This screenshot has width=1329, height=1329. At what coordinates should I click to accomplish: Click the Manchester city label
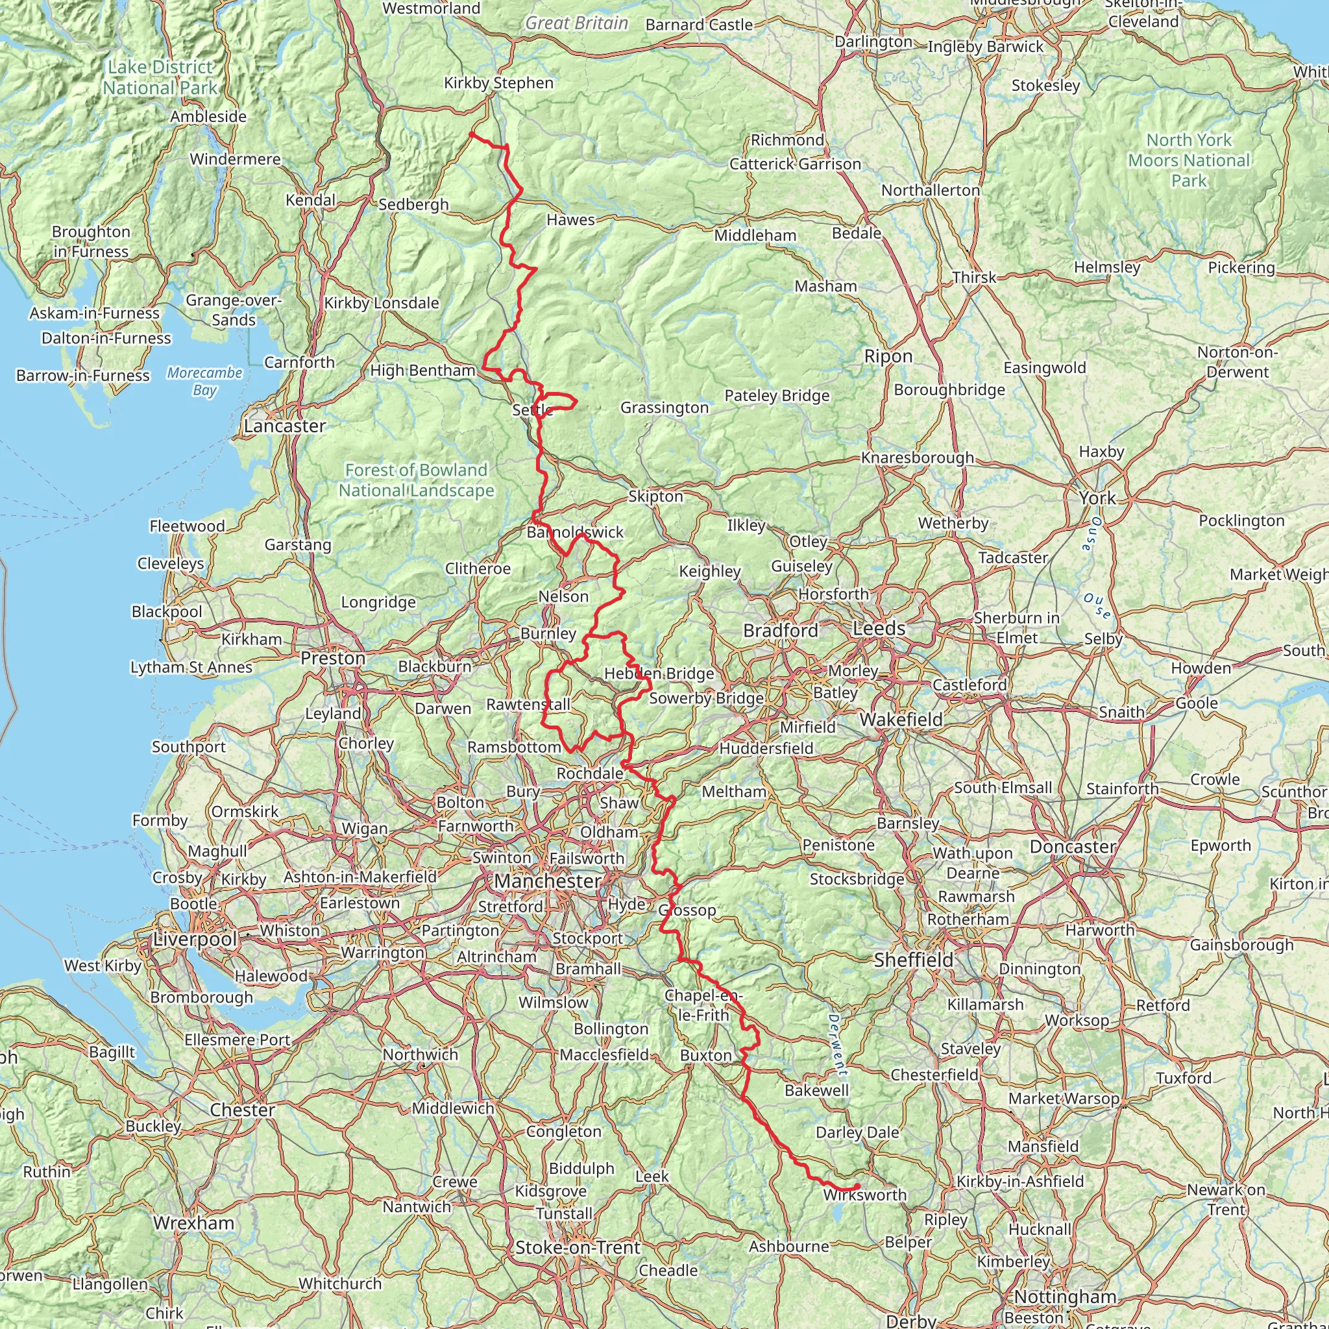coord(547,881)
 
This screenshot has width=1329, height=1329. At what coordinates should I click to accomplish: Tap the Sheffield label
coord(914,960)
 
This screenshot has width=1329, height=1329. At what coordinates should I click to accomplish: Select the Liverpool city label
coord(195,939)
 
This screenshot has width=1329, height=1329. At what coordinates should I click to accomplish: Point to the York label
coord(1097,497)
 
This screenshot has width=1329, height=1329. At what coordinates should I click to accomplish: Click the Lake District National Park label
coord(160,77)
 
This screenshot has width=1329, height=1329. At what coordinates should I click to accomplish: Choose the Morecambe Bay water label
coord(205,381)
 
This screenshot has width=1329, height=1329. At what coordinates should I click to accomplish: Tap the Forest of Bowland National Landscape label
coord(416,480)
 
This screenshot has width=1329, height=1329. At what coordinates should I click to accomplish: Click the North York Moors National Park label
coord(1189,160)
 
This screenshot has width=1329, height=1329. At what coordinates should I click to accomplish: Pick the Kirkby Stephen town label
coord(499,82)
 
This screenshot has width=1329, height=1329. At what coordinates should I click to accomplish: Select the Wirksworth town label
coord(864,1195)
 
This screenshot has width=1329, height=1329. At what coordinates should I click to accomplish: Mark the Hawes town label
coord(571,220)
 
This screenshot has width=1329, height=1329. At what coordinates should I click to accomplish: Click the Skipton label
coord(655,496)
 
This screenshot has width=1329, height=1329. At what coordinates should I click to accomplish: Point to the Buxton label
coord(706,1055)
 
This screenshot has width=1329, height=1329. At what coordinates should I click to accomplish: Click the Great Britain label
coord(576,23)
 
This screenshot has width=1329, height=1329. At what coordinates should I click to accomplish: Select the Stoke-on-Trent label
coord(578,1247)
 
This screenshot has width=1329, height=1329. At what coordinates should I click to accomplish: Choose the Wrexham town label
coord(194,1223)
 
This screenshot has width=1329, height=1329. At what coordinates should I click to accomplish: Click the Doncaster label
coord(1073,847)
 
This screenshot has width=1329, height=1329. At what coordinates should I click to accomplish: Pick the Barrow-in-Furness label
coord(82,376)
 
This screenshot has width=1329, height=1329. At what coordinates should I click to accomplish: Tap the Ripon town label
coord(888,356)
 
